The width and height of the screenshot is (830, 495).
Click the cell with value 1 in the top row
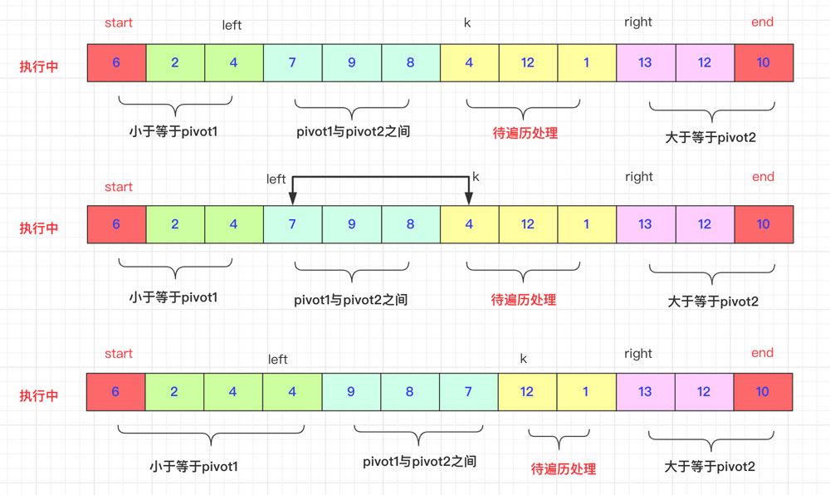pyautogui.click(x=587, y=63)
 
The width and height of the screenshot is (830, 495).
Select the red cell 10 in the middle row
pyautogui.click(x=763, y=224)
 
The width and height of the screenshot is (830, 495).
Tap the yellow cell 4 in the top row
pyautogui.click(x=469, y=63)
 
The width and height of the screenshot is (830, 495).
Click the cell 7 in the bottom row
pyautogui.click(x=469, y=391)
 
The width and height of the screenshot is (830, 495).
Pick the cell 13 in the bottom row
pyautogui.click(x=645, y=391)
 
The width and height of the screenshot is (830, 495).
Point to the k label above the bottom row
pyautogui.click(x=523, y=359)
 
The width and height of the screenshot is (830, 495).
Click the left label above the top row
pyautogui.click(x=232, y=25)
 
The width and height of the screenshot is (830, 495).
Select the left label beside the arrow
pyautogui.click(x=276, y=179)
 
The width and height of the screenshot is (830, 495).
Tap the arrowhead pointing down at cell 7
pyautogui.click(x=292, y=198)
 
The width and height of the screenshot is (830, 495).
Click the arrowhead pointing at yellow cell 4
pyautogui.click(x=469, y=198)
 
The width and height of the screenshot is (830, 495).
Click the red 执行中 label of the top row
pyautogui.click(x=39, y=66)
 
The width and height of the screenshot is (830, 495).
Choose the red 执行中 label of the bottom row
pyautogui.click(x=39, y=395)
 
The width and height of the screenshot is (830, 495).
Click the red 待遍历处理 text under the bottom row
pyautogui.click(x=564, y=469)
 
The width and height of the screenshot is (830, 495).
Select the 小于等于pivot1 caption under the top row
pyautogui.click(x=173, y=131)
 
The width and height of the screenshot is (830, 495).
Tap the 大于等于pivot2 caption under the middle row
pyautogui.click(x=713, y=301)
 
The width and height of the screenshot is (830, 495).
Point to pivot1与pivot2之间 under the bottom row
pyautogui.click(x=419, y=461)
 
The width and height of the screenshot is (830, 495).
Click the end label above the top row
pyautogui.click(x=762, y=22)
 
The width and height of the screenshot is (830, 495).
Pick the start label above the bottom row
pyautogui.click(x=119, y=354)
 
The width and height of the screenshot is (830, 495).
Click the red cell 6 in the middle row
pyautogui.click(x=116, y=224)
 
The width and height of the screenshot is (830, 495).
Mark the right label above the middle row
pyautogui.click(x=638, y=177)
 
